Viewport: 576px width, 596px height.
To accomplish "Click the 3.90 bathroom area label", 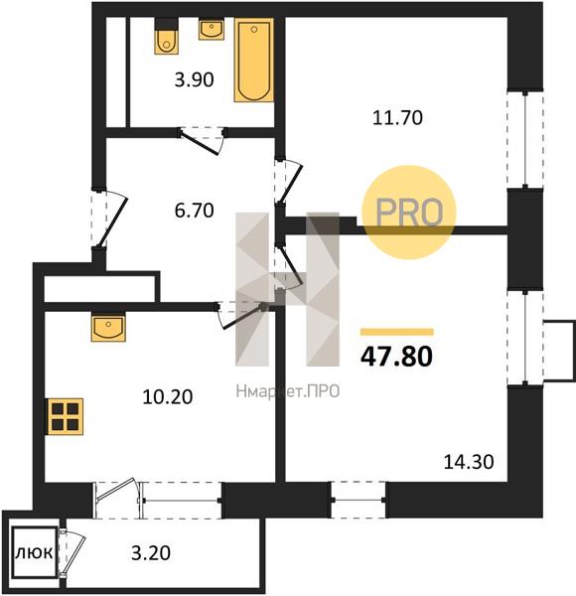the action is click(x=195, y=80).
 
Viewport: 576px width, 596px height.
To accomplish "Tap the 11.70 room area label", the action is click(x=397, y=118).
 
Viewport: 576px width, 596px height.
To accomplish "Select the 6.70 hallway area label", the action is click(x=195, y=211).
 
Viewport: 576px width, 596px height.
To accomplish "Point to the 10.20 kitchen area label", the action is click(x=168, y=397).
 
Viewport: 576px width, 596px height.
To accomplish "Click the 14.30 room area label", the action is click(x=469, y=462).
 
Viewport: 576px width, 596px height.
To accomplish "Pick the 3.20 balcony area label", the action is click(x=151, y=553).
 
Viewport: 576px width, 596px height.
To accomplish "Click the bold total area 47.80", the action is click(x=396, y=357).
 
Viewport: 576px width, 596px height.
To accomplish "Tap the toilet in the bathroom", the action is click(x=167, y=37).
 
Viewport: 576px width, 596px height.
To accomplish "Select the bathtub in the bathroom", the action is click(x=254, y=60).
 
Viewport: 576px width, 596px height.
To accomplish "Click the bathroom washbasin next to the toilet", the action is click(x=212, y=30).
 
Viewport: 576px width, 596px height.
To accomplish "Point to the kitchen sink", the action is click(x=108, y=327).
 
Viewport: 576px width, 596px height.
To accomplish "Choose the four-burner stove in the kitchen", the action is click(x=66, y=416).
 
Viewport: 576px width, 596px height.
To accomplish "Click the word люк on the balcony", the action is click(x=34, y=552).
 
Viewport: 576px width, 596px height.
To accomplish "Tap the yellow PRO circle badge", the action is click(x=409, y=213).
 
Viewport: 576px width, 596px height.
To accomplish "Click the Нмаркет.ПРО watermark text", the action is click(x=288, y=391).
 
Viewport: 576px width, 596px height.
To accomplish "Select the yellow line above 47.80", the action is click(x=397, y=332).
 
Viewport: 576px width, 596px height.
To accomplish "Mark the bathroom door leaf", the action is click(x=199, y=143).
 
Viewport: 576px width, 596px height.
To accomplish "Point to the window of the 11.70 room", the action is click(x=525, y=139).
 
